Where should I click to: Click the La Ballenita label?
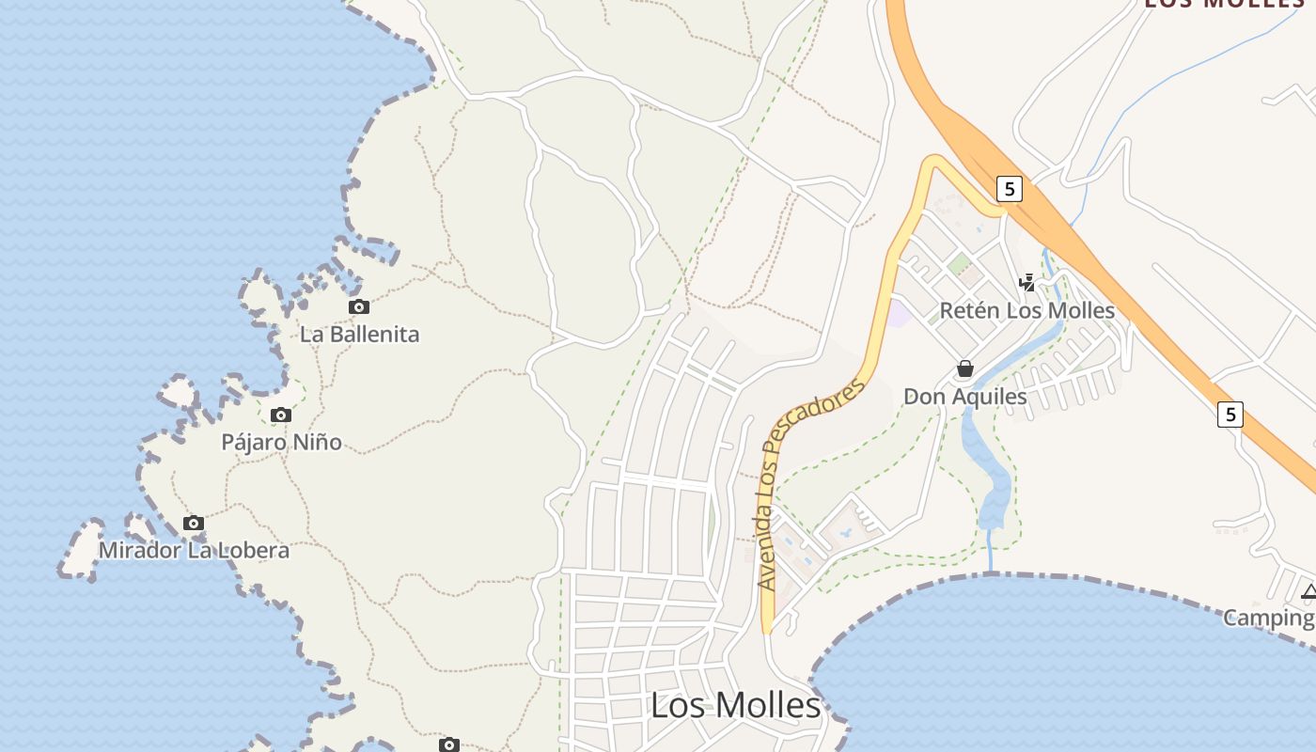coord(359,334)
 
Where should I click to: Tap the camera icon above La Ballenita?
coord(358,306)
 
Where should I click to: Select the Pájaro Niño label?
coord(281,442)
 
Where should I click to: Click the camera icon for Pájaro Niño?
coord(280,415)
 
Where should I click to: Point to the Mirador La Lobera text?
coord(194,550)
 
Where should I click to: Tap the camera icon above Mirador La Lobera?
coord(194,523)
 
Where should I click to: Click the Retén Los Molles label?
coord(1026,310)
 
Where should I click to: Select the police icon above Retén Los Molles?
coord(1027,282)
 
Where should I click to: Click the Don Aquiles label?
coord(964,396)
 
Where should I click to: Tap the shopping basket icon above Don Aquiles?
coord(964,368)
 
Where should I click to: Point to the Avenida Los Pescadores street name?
coord(809,483)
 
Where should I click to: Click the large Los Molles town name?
coord(735,705)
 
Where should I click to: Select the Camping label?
coord(1267,618)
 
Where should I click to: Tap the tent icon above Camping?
coord(1308,592)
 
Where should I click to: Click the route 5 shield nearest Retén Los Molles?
coord(1009,189)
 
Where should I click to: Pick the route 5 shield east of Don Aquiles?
coord(1230,414)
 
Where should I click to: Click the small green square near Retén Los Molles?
coord(959,264)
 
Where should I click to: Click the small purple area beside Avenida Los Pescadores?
coord(900,314)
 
